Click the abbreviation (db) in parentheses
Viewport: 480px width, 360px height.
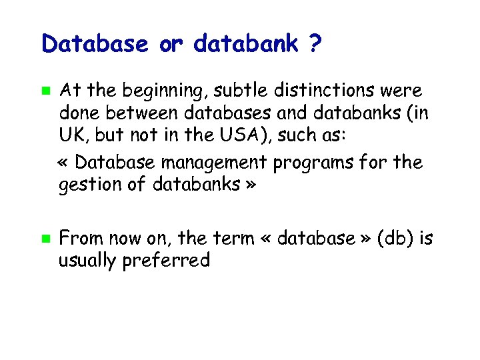point(396,238)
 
